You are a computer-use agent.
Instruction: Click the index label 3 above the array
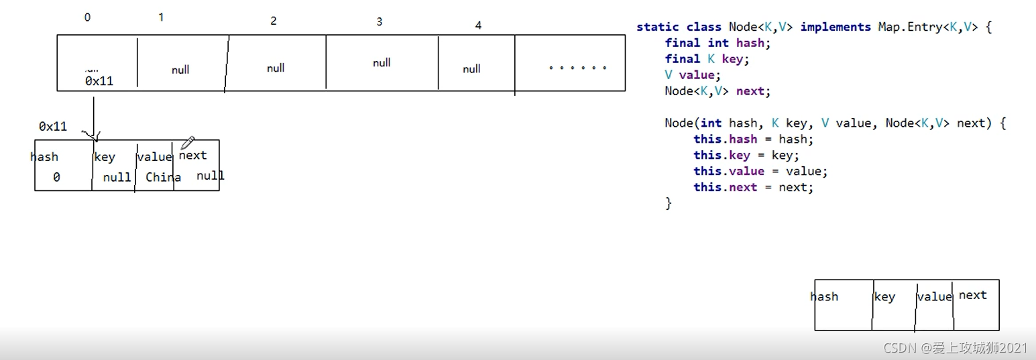(379, 22)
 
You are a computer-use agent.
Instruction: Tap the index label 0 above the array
(87, 17)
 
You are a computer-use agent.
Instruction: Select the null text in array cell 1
(180, 70)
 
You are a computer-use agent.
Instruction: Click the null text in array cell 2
(276, 68)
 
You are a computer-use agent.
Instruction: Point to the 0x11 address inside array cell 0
(99, 81)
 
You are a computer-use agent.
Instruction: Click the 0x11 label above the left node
(53, 126)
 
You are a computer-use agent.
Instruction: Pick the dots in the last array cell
(577, 68)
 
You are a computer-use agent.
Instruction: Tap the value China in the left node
(163, 178)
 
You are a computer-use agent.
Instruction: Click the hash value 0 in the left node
(56, 178)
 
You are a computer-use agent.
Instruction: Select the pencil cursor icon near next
(188, 143)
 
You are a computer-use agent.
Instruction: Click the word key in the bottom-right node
(884, 297)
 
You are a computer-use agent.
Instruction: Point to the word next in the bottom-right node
(972, 295)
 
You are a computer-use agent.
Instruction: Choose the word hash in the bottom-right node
(824, 297)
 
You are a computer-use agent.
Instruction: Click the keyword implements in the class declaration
(836, 27)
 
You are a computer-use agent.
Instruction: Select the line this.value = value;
(760, 171)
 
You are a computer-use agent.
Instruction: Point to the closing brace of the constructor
(668, 203)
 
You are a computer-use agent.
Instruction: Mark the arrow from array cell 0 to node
(93, 117)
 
